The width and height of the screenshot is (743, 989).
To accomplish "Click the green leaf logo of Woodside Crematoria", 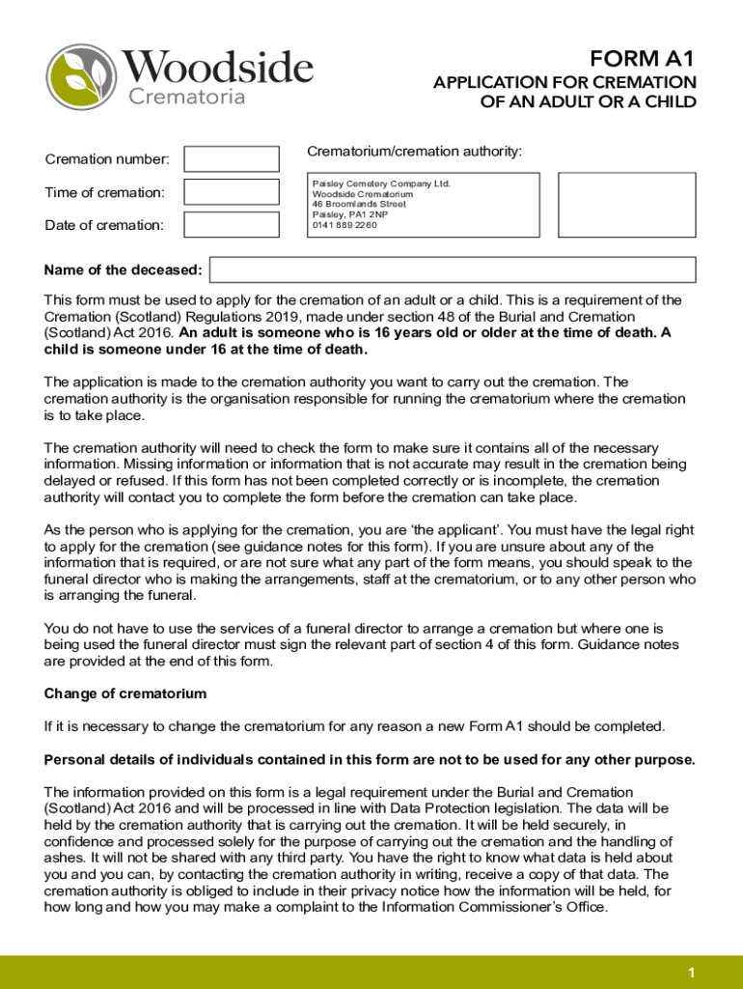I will point(80,77).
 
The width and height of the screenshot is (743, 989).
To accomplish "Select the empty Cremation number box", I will point(231,159).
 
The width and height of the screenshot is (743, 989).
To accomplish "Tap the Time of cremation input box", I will point(231,192).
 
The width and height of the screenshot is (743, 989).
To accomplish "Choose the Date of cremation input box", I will point(231,225).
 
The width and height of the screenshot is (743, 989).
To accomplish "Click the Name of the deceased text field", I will point(453,269).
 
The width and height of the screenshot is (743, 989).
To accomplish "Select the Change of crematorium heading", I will point(125,694).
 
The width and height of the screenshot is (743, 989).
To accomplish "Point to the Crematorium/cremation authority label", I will point(414,152).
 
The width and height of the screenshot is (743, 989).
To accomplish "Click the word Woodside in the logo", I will point(217,69).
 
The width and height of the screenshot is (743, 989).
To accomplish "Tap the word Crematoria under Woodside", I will point(187,97).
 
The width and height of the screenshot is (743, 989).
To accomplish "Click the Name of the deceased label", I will point(124,269).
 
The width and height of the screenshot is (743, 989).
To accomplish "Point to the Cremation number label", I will point(107,159).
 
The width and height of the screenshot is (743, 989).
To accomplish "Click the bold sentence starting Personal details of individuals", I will point(370,759).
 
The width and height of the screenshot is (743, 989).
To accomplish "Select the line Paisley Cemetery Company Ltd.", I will point(381,184).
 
